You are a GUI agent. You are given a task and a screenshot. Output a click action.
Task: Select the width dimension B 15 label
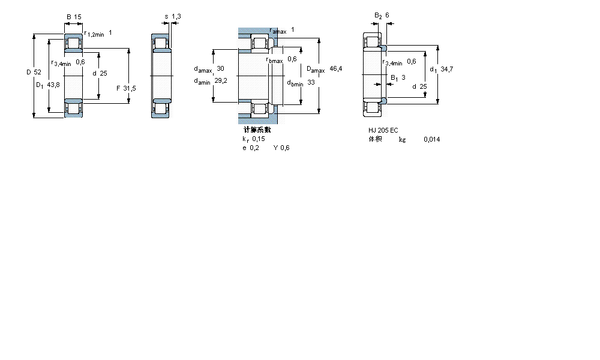click(x=73, y=17)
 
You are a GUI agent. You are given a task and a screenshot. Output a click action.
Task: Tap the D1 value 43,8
click(x=53, y=85)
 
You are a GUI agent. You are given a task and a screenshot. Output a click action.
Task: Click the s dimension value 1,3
click(x=176, y=17)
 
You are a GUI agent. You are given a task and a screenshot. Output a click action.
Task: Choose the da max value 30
click(x=220, y=68)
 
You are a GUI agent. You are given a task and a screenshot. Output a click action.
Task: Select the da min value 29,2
click(x=221, y=81)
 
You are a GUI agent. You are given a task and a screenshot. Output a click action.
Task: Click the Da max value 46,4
click(x=336, y=69)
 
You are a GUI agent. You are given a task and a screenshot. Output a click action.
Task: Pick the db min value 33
click(x=311, y=82)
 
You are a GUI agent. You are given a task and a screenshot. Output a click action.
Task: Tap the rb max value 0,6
click(x=292, y=59)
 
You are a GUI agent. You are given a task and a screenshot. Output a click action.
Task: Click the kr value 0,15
click(x=258, y=139)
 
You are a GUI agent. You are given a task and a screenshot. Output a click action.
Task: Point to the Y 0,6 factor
click(x=281, y=148)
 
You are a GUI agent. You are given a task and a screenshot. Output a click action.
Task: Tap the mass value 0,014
click(x=431, y=139)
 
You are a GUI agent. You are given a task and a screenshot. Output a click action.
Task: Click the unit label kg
click(x=402, y=139)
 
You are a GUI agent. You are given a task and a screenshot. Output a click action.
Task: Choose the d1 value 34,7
click(x=446, y=70)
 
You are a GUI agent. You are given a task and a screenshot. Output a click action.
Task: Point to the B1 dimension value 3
click(x=403, y=77)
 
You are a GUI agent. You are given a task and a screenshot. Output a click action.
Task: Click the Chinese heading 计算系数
click(x=257, y=130)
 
